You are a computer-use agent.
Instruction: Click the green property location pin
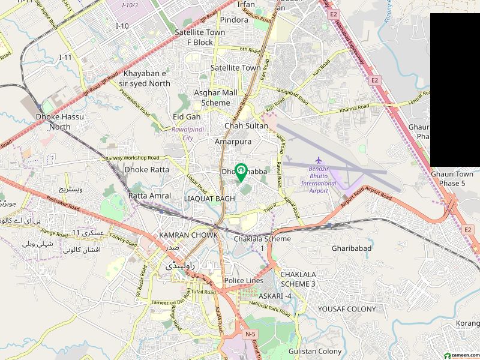click(x=241, y=172)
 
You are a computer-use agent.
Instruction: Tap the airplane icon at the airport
click(x=319, y=160)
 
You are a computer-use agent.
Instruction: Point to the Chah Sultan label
click(x=245, y=126)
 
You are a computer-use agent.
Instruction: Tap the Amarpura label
click(x=233, y=142)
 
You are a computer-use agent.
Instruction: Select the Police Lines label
click(x=244, y=281)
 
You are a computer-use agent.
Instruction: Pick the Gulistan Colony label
click(x=315, y=350)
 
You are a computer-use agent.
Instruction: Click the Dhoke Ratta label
click(x=146, y=170)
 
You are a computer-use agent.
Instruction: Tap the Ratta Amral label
click(x=150, y=196)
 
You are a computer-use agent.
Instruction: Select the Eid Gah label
click(x=186, y=116)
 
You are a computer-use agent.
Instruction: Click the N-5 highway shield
click(x=250, y=334)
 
